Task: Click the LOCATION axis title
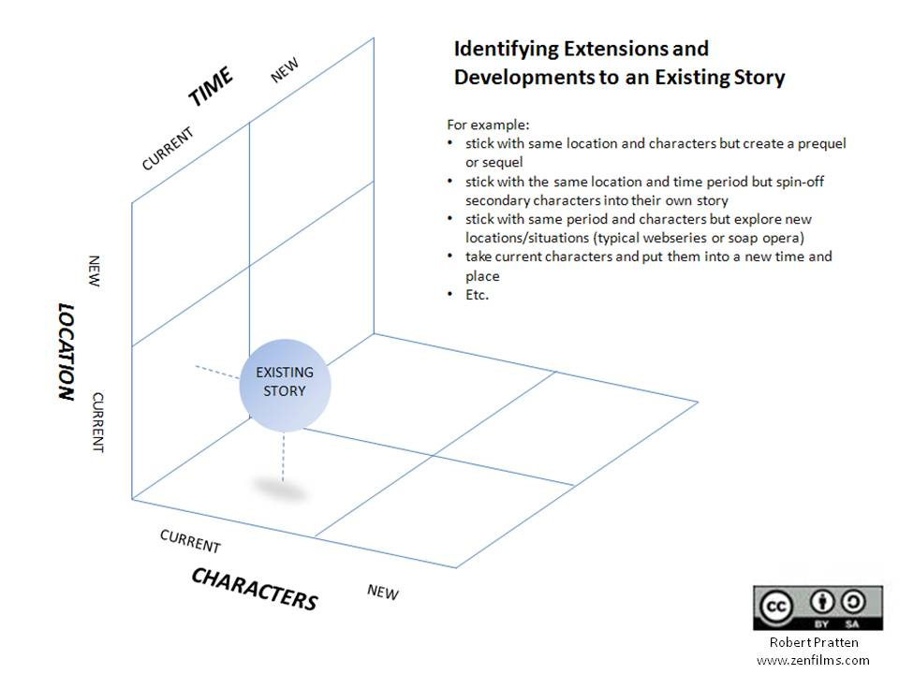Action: tap(66, 352)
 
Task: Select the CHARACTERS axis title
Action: tap(254, 589)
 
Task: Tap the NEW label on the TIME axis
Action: tap(285, 71)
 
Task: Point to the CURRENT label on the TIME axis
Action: tap(168, 149)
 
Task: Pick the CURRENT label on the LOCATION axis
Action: tap(97, 422)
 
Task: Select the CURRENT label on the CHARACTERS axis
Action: tap(190, 541)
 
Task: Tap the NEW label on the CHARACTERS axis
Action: tap(383, 592)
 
